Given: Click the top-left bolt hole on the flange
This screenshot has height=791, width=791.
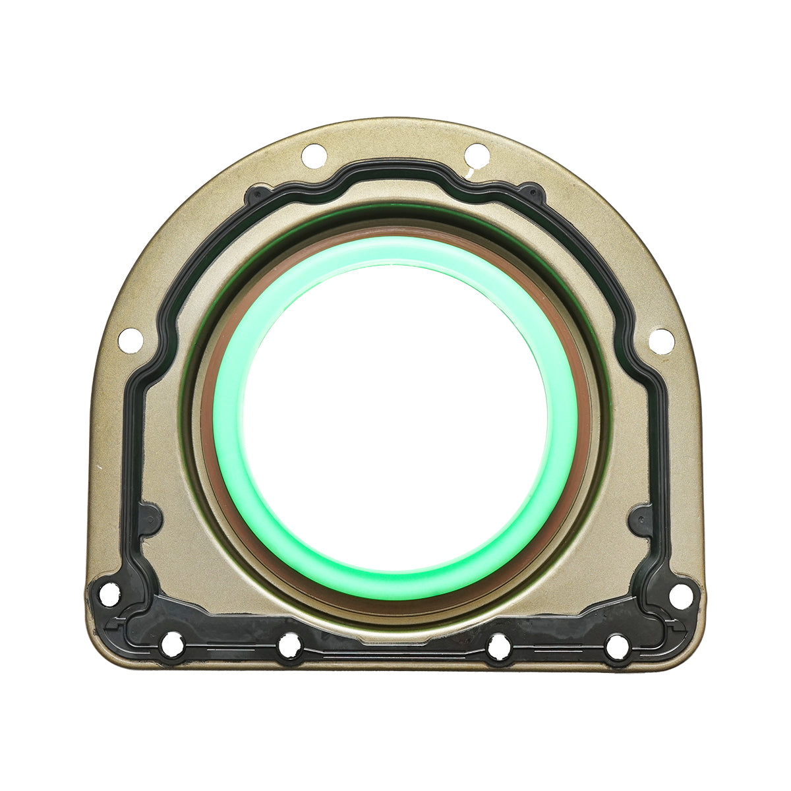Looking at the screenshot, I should tap(314, 156).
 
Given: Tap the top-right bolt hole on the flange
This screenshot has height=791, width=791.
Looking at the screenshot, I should tap(477, 156).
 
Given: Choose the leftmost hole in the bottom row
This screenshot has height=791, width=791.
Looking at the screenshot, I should tap(172, 645).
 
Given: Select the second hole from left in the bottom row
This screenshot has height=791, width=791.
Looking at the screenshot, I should tap(289, 646).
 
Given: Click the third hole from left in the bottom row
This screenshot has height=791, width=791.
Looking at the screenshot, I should tap(499, 646).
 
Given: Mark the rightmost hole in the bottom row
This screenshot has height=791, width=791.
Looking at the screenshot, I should tap(618, 645).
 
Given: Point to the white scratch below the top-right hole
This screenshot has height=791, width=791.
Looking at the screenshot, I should tap(471, 173).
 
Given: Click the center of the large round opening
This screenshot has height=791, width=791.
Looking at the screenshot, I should tap(395, 419).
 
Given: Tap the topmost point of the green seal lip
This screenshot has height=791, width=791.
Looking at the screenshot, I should tap(395, 251).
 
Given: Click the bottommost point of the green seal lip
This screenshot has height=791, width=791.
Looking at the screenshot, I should tap(395, 585).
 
